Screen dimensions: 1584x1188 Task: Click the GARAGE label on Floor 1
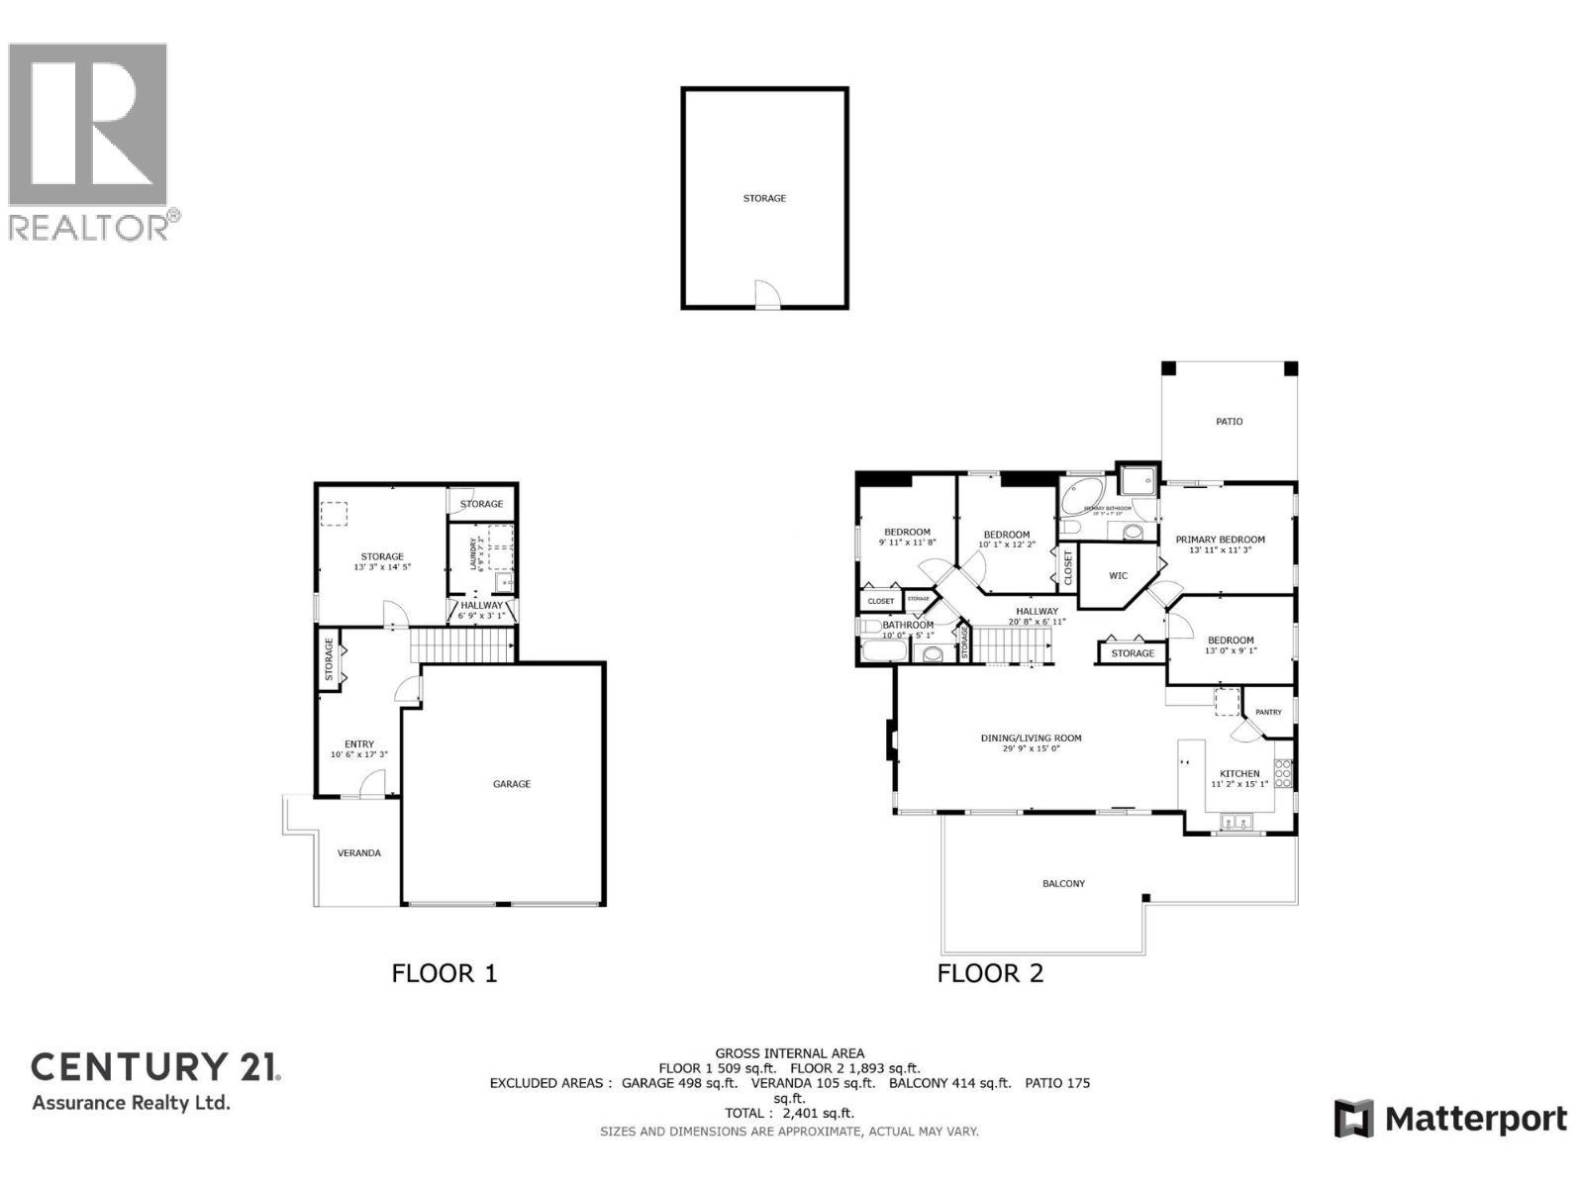tap(512, 784)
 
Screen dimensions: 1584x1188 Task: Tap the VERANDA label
tap(358, 853)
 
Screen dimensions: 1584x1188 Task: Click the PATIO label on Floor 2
tap(1229, 422)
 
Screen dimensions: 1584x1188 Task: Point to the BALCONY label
tap(1063, 883)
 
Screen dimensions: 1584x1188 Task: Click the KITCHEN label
tap(1239, 774)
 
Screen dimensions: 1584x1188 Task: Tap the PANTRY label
tap(1268, 713)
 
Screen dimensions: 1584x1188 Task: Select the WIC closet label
tap(1118, 576)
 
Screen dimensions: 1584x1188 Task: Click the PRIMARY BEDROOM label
tap(1220, 540)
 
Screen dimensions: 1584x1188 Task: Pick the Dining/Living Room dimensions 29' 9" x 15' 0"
tap(1031, 749)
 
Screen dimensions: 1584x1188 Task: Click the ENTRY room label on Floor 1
tap(359, 744)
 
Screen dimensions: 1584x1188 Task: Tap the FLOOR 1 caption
tap(445, 973)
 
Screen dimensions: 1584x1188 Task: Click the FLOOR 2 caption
tap(990, 973)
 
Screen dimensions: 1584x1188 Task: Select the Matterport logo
tap(1450, 1119)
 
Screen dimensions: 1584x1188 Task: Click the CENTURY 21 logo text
tap(156, 1067)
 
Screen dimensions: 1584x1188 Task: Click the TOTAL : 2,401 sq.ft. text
tap(789, 1113)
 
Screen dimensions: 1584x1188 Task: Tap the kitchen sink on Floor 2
tap(1236, 821)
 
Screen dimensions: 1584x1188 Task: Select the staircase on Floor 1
tap(461, 645)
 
